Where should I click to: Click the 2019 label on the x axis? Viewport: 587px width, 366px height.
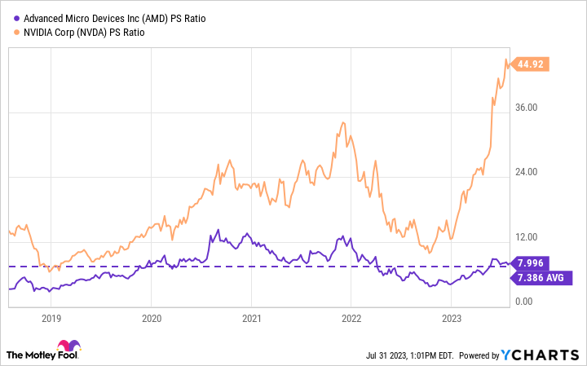tap(51, 319)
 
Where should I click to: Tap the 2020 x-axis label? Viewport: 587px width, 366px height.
tap(151, 319)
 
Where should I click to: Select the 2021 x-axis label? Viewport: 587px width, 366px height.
tap(251, 319)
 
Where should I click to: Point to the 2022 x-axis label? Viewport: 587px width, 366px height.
tap(351, 319)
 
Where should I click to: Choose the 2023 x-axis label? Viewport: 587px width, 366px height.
tap(451, 319)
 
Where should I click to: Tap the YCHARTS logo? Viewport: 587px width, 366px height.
tap(547, 355)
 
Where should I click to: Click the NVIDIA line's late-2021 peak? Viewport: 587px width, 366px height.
tap(343, 122)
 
